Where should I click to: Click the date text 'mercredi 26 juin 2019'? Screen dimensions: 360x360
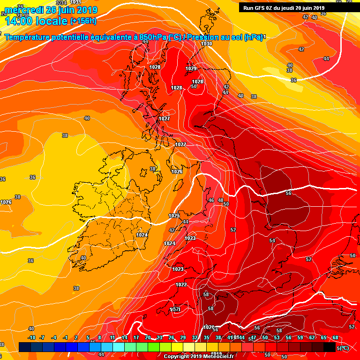[x=51, y=10]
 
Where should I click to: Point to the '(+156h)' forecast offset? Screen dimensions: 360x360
[x=83, y=21]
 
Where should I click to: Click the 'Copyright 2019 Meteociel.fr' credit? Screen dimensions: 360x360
[x=198, y=356]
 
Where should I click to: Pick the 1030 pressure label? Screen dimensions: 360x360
[x=206, y=44]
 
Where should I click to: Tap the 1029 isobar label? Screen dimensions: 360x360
[x=191, y=68]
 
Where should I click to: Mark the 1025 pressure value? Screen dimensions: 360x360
[x=174, y=216]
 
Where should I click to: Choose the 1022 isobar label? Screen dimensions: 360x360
[x=181, y=285]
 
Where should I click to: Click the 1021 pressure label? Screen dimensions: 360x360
[x=175, y=310]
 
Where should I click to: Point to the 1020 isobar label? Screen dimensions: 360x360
[x=209, y=327]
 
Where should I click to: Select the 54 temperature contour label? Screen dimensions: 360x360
[x=272, y=240]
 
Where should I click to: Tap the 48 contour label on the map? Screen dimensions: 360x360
[x=221, y=200]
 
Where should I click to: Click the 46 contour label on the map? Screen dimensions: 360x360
[x=211, y=200]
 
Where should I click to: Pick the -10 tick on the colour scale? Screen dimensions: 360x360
[x=31, y=337]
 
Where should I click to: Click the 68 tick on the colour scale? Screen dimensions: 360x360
[x=335, y=337]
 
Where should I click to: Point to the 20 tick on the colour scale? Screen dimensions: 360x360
[x=148, y=337]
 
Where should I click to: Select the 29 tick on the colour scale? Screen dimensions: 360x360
[x=183, y=337]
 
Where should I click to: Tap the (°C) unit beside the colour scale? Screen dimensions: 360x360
[x=344, y=348]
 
